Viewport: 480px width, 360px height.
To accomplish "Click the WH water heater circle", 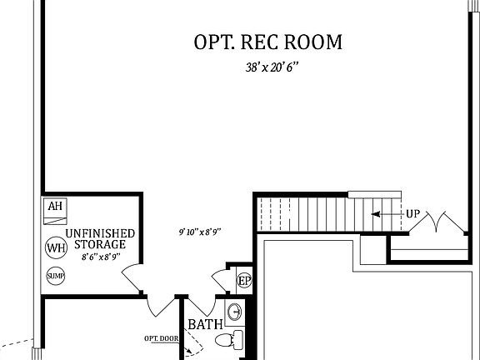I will coord(57,247).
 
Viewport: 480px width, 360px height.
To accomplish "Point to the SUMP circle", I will coord(56,276).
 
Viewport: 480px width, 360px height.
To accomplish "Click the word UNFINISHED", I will coord(97,233).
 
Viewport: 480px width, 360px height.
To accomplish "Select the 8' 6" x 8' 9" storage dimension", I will coord(98,257).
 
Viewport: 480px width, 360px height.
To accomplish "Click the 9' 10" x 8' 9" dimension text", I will coord(199,232).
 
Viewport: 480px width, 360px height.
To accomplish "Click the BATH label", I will coord(203,324).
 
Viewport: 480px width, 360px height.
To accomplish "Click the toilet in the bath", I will coord(230,340).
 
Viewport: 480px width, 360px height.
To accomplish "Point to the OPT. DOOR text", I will coord(161,337).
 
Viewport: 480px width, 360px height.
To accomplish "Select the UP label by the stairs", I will coord(412,214).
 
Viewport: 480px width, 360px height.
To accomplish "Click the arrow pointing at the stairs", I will coord(386,214).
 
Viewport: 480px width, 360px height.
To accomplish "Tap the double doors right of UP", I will coord(442,223).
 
